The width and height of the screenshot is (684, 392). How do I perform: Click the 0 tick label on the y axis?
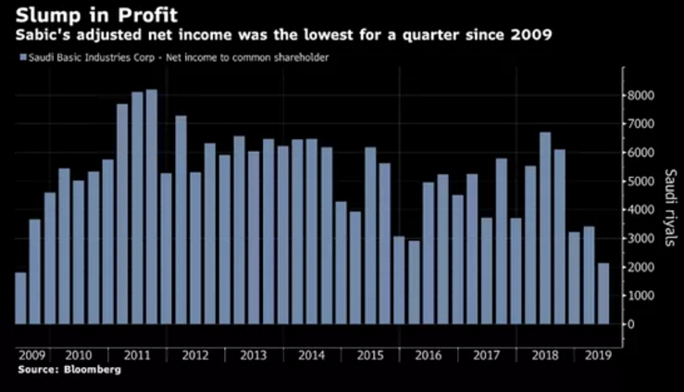pos(631,323)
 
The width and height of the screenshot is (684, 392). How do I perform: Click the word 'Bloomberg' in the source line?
pos(93,369)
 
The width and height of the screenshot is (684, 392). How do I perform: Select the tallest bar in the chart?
pos(152,207)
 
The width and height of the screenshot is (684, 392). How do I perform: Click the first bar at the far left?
pos(20,297)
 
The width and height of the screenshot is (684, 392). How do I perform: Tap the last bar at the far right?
pos(603,293)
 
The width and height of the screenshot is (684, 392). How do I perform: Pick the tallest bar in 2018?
pos(544,228)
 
